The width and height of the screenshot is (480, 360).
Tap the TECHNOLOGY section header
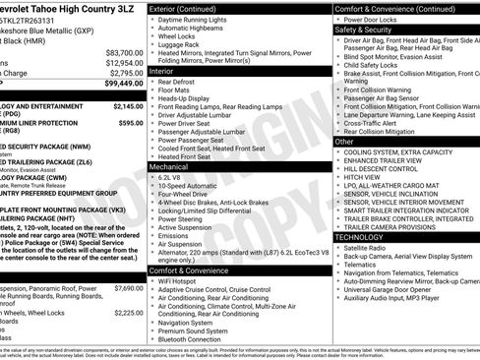[360, 237]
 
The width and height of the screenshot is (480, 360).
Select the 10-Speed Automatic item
[193, 185]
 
